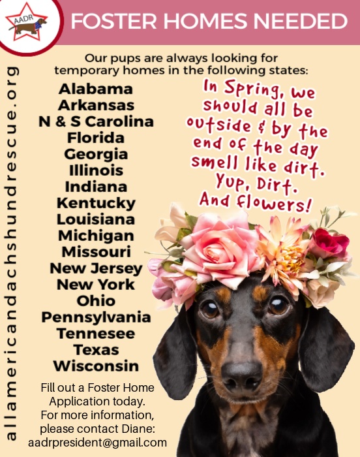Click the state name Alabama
click(x=95, y=89)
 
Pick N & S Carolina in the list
click(x=95, y=121)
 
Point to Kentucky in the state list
click(x=96, y=203)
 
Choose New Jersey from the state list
click(x=96, y=268)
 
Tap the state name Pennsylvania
click(x=96, y=317)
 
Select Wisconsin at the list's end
click(x=96, y=366)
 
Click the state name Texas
click(x=96, y=350)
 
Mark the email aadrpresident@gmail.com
click(x=97, y=442)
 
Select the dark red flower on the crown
click(x=329, y=243)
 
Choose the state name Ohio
click(x=96, y=301)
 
